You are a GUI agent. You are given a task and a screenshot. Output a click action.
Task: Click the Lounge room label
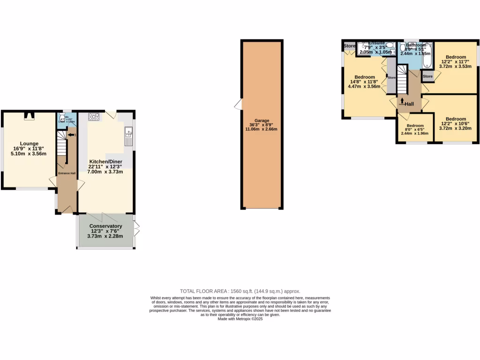(29, 143)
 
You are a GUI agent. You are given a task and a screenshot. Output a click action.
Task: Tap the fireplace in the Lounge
(29, 116)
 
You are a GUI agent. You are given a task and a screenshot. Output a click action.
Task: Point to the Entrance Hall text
(67, 173)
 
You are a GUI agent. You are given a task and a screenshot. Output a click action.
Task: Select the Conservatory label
(105, 226)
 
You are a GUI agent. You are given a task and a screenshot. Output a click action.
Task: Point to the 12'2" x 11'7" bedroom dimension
(456, 62)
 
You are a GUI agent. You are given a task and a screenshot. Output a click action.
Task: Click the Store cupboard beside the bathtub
(427, 76)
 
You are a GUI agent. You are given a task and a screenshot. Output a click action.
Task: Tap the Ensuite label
(377, 43)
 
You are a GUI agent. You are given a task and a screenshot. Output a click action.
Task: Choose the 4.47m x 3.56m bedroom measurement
(364, 87)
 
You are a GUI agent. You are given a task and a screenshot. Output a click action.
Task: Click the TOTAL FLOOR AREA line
(240, 291)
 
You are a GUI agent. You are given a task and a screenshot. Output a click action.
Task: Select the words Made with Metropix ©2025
(240, 319)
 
